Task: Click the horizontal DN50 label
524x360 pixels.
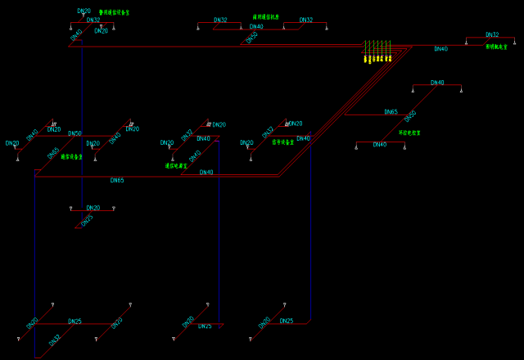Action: coord(75,133)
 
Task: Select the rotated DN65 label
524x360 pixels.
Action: coord(53,153)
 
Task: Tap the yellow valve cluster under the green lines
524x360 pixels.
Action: coord(377,58)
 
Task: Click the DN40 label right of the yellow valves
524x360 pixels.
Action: coord(440,49)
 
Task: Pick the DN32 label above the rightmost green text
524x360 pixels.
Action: coord(491,35)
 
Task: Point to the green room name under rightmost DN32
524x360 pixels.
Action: coord(497,47)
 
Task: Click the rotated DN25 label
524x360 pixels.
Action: coord(87,219)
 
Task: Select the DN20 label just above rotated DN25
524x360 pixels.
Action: coord(93,208)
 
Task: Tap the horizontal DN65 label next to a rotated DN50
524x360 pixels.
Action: coord(391,112)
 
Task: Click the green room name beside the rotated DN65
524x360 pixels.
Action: coord(72,156)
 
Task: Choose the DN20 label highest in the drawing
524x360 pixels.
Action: coord(84,11)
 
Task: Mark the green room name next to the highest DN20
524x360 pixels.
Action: coord(115,13)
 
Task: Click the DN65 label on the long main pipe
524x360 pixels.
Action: coord(117,180)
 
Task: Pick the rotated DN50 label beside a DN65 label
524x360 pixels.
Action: coord(410,116)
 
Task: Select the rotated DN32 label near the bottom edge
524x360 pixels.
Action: coord(55,339)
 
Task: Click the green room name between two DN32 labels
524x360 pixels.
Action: coord(266,16)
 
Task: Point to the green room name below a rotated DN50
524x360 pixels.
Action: coord(409,133)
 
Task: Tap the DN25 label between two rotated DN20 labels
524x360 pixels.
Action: coord(75,322)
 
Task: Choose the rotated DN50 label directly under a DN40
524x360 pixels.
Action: coord(252,37)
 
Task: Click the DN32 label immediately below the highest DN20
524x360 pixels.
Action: coord(93,20)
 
